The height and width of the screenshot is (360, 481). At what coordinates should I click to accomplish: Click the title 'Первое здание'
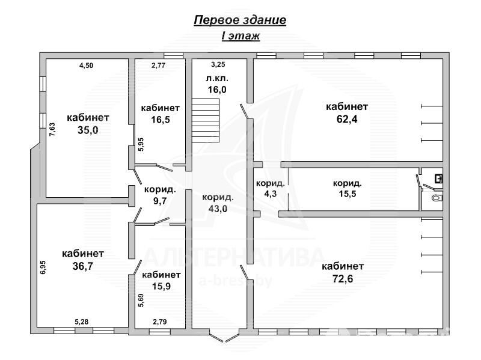click(240, 20)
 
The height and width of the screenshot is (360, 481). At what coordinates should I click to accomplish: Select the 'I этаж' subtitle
click(240, 36)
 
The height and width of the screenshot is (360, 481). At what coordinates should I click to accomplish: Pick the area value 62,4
click(346, 118)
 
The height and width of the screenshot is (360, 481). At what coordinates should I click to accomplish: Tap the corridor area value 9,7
click(159, 201)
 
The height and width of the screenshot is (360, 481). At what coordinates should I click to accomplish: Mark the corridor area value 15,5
click(347, 194)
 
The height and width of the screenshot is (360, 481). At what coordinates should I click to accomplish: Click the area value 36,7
click(82, 264)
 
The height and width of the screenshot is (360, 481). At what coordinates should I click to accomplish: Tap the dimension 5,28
click(82, 322)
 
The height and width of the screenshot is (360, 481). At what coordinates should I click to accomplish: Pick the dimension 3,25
click(218, 64)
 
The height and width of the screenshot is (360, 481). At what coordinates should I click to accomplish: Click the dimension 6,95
click(43, 267)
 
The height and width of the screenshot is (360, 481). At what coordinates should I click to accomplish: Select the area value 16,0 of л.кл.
click(217, 90)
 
